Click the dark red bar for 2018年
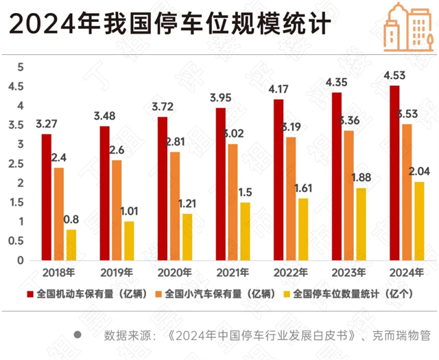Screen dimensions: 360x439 [x=46, y=197]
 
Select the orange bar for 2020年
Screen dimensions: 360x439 [x=176, y=206]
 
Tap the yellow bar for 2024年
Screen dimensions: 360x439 [x=420, y=221]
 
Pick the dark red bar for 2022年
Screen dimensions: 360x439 [x=278, y=180]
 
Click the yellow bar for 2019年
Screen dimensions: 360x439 [x=130, y=241]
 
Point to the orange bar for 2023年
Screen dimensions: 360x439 [x=349, y=195]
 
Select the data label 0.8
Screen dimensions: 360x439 [x=71, y=219]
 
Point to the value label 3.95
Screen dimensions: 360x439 [x=220, y=97]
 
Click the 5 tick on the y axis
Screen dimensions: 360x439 [x=21, y=67]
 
